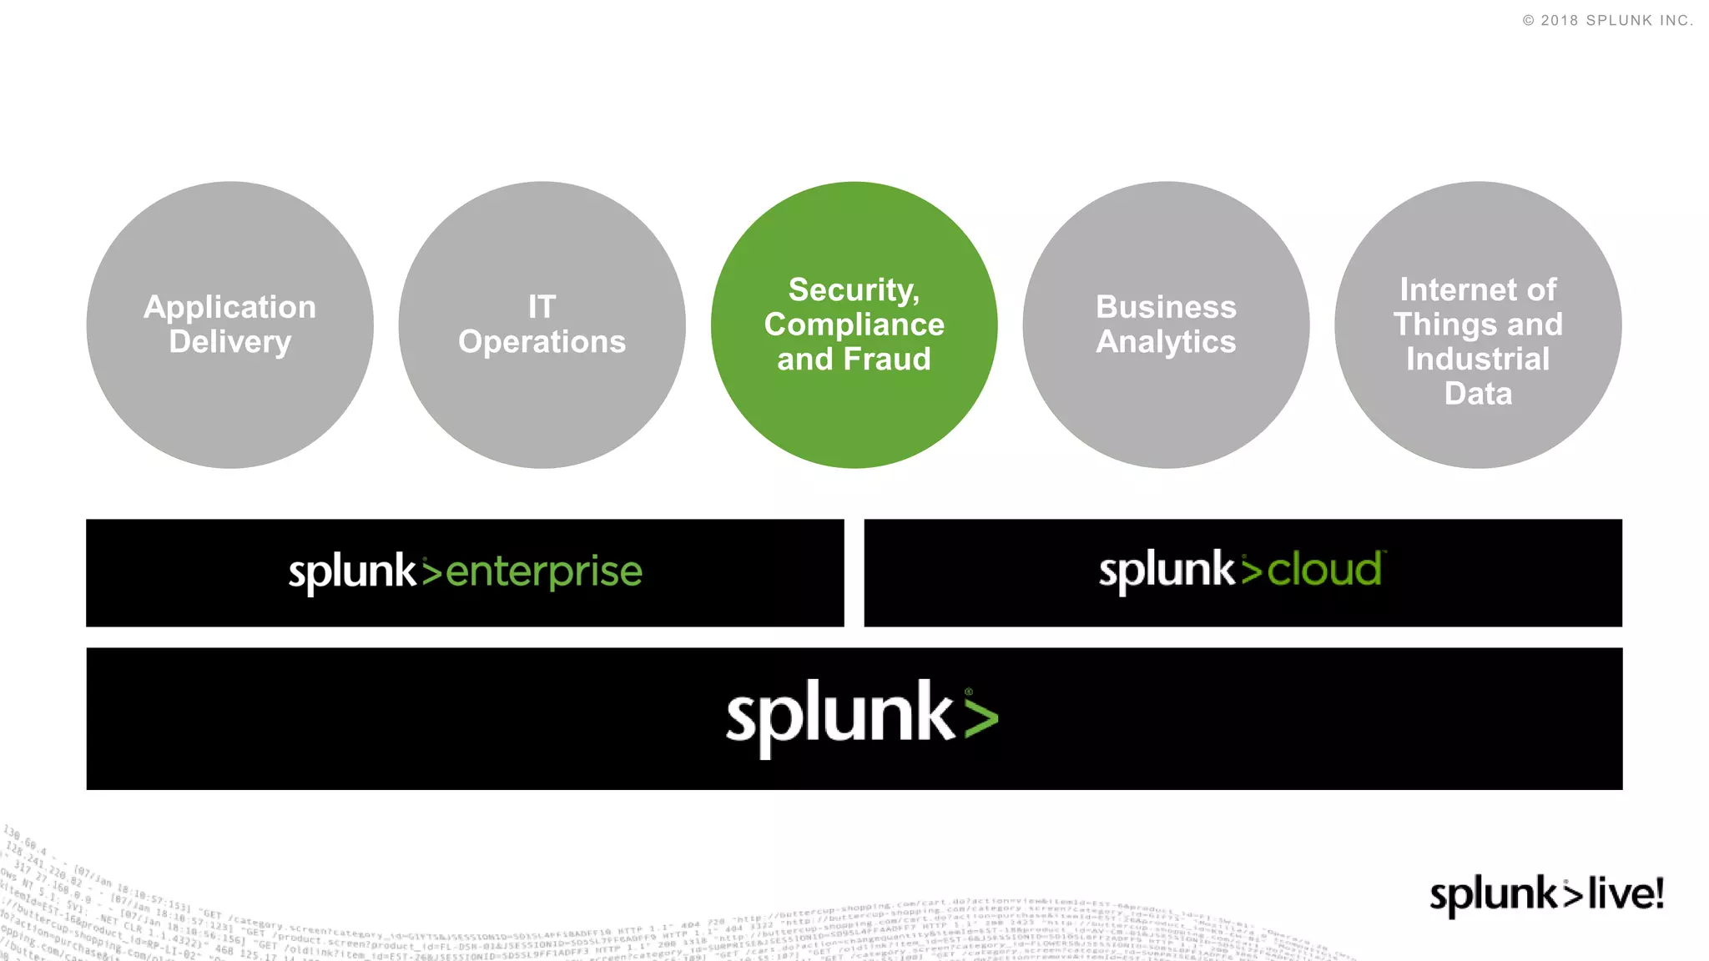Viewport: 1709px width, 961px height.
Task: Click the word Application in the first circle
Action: pyautogui.click(x=229, y=308)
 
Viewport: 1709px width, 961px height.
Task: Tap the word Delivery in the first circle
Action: pyautogui.click(x=229, y=342)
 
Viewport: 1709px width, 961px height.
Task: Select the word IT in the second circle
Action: pyautogui.click(x=542, y=307)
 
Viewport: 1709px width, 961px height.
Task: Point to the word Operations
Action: pyautogui.click(x=542, y=342)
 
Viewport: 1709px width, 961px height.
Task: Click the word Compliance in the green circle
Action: pyautogui.click(x=854, y=325)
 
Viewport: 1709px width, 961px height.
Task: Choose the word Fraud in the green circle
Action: pyautogui.click(x=886, y=360)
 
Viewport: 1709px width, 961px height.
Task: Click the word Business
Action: pyautogui.click(x=1166, y=307)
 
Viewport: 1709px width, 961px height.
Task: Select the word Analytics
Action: pyautogui.click(x=1166, y=342)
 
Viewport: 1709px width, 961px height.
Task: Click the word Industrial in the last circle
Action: pyautogui.click(x=1478, y=360)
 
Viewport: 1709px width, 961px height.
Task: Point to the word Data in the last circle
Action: pyautogui.click(x=1478, y=394)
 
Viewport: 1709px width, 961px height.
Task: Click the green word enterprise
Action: pyautogui.click(x=543, y=573)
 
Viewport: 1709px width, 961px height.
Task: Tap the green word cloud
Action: pyautogui.click(x=1323, y=571)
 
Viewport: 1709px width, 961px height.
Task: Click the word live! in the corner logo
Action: pyautogui.click(x=1625, y=893)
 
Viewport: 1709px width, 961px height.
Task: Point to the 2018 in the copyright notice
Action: pyautogui.click(x=1559, y=21)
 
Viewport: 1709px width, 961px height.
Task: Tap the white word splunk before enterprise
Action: pyautogui.click(x=351, y=573)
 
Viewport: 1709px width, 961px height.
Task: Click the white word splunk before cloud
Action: pyautogui.click(x=1166, y=571)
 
